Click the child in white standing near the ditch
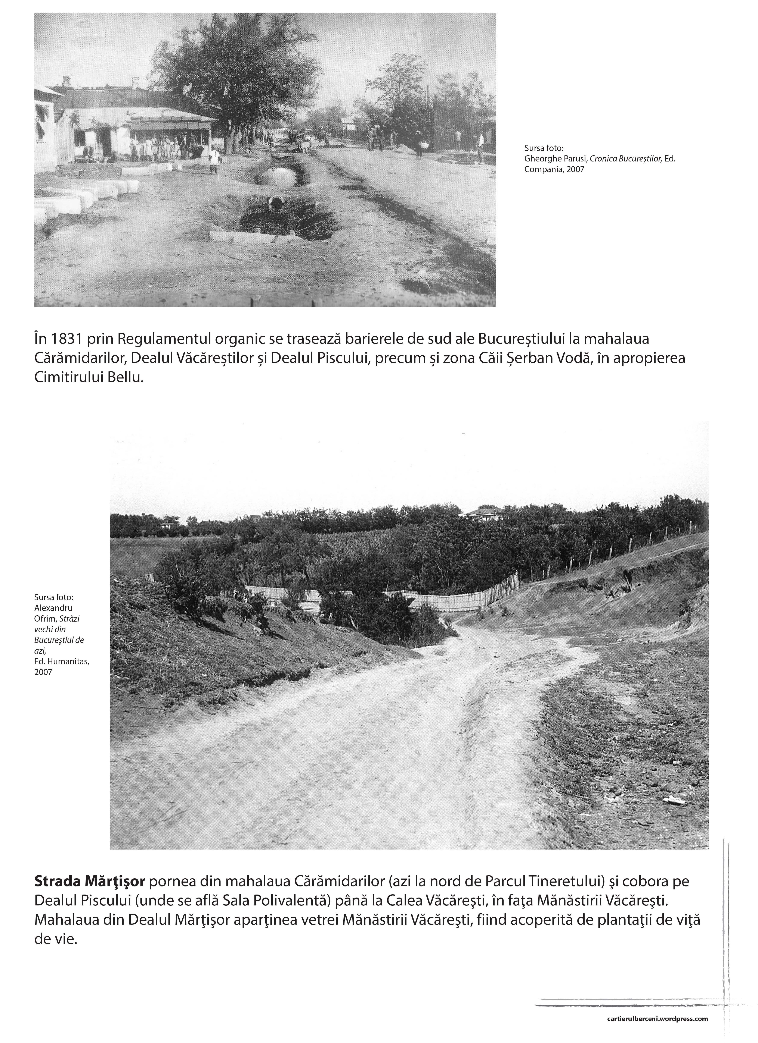click(214, 160)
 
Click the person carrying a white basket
click(420, 144)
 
